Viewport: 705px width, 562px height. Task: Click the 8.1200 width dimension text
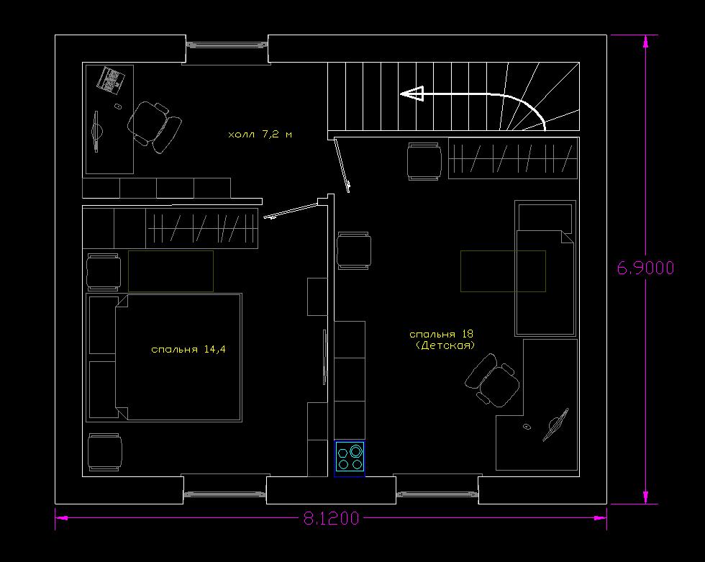[x=332, y=518]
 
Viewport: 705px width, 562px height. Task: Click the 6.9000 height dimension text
[x=645, y=268]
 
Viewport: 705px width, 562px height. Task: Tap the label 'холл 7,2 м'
[x=260, y=134]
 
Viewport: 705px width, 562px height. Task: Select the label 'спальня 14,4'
[x=188, y=349]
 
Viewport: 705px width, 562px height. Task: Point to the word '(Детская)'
[x=445, y=345]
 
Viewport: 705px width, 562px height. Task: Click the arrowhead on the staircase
[x=412, y=94]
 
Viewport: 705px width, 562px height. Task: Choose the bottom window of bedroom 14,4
[x=224, y=494]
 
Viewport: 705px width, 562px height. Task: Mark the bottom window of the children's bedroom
[x=437, y=494]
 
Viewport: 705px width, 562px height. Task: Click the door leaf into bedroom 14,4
[x=291, y=211]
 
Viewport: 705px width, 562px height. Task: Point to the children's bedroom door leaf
[x=342, y=166]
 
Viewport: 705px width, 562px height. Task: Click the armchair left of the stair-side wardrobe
[x=424, y=161]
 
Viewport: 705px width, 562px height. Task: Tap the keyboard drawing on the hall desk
[x=111, y=81]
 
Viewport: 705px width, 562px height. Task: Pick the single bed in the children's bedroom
[x=545, y=268]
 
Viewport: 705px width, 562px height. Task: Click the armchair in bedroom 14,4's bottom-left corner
[x=105, y=453]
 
